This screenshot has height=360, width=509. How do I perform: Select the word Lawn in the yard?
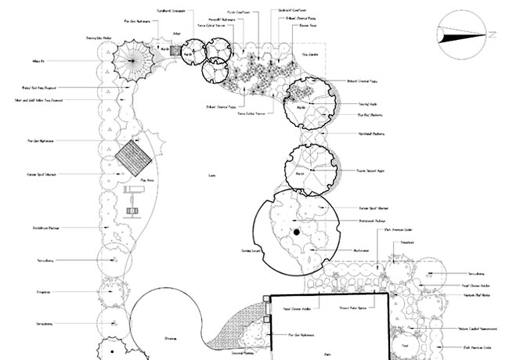pyautogui.click(x=212, y=175)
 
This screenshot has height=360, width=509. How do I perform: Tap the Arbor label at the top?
pyautogui.click(x=176, y=34)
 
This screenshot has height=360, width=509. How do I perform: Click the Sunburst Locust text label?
pyautogui.click(x=250, y=251)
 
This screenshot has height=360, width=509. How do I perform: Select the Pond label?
pyautogui.click(x=405, y=345)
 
